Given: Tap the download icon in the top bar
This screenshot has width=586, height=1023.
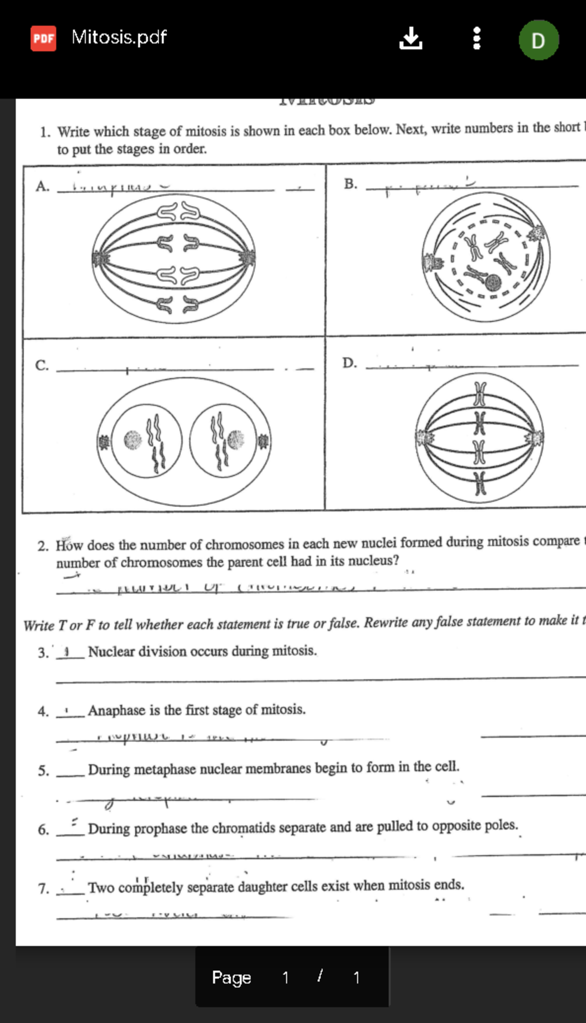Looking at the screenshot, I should [x=410, y=38].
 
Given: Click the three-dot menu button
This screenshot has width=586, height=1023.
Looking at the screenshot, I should [x=477, y=38].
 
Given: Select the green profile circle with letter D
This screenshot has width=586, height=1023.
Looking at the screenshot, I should [x=538, y=40].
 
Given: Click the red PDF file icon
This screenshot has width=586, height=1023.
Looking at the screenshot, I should [x=43, y=38].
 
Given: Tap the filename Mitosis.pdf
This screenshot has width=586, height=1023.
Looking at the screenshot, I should [x=119, y=37].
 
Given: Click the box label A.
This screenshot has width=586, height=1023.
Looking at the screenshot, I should [x=42, y=186].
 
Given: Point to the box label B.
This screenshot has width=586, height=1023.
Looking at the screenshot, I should [x=350, y=184].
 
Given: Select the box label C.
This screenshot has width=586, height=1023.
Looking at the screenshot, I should [x=42, y=365].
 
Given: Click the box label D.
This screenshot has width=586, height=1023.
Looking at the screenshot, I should [x=349, y=363].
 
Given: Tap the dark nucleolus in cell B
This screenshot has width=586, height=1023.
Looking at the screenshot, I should [x=493, y=283].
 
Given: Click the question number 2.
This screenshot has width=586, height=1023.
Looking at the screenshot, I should [x=43, y=546].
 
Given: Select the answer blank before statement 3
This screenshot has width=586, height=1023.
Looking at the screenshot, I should [x=70, y=653].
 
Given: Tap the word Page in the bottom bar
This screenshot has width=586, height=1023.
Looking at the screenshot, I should [x=231, y=977].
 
